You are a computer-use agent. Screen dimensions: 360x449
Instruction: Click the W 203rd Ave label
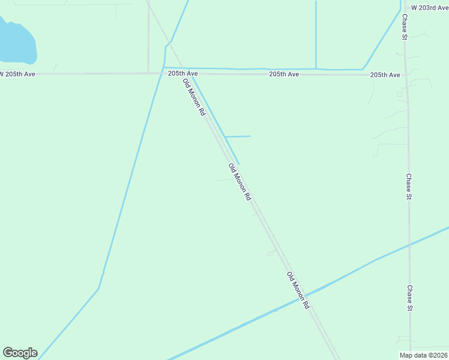pos(426,8)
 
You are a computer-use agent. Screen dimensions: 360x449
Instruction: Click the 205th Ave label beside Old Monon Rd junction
pos(182,73)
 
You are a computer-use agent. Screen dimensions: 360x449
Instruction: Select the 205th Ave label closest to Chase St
pos(385,75)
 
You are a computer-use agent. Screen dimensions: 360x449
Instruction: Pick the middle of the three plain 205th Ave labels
pos(284,74)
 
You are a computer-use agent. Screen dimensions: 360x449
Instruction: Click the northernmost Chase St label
pos(405,27)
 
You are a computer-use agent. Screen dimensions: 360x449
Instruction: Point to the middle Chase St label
pos(409,187)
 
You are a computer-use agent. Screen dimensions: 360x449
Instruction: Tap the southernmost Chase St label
pos(410,298)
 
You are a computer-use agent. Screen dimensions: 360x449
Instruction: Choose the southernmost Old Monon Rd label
pos(298,290)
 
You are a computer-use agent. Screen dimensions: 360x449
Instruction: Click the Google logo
pos(20,353)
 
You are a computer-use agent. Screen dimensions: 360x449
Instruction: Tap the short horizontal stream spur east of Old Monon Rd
pos(238,136)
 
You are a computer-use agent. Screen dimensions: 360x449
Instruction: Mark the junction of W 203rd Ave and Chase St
pos(402,8)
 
